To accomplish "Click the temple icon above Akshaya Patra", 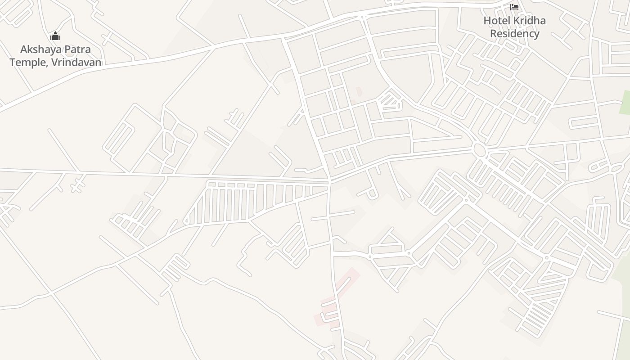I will coord(55,36).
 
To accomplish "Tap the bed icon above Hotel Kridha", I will coord(514,7).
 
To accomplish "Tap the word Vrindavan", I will coord(76,62).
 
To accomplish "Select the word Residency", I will coord(514,33).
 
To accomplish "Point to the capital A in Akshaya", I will coord(24,49).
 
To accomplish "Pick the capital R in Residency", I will coord(493,33).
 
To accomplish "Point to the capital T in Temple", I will coord(13,62).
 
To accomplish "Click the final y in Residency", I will coord(536,34).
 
